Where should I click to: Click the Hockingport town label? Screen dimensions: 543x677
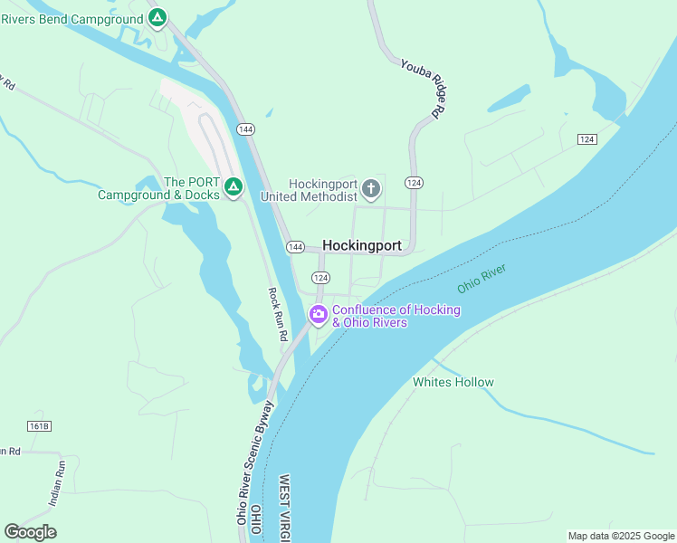362,245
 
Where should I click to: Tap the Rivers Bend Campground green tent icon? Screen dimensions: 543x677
157,17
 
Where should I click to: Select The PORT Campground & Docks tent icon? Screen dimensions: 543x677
233,187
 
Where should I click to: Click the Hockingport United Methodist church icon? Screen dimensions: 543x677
370,189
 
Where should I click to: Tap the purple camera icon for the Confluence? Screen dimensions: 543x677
318,315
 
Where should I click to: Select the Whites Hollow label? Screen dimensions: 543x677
453,382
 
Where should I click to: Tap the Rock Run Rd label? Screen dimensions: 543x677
278,314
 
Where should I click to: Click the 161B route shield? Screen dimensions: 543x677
39,425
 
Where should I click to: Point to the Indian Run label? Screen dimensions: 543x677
56,483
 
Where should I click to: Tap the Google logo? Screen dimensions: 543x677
30,532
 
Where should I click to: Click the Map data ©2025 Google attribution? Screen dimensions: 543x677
620,536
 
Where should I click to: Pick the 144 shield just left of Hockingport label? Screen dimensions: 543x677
295,247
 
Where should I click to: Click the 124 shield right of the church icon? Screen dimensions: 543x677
414,183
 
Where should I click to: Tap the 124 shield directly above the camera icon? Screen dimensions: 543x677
319,277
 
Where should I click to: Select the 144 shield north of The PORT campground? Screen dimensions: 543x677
246,129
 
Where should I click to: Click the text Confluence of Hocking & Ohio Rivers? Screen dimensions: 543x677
396,316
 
